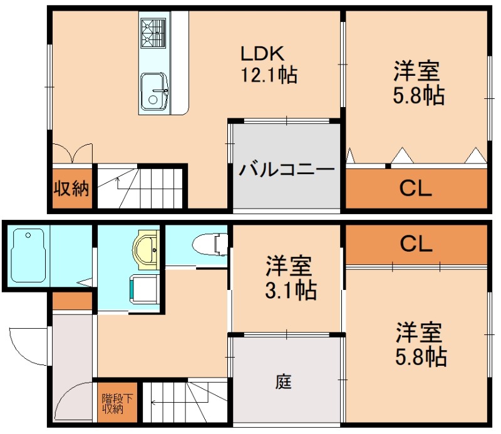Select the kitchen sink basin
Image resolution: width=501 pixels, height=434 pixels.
pyautogui.click(x=153, y=92)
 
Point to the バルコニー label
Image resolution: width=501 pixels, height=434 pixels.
pyautogui.click(x=287, y=170)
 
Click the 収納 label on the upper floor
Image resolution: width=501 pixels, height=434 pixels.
pyautogui.click(x=71, y=188)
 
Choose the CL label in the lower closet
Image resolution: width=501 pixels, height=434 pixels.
pyautogui.click(x=416, y=244)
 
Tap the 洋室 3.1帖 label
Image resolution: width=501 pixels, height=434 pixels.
pyautogui.click(x=288, y=277)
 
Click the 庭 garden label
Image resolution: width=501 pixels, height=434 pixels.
pyautogui.click(x=284, y=381)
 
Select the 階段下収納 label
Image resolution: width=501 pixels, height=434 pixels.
pyautogui.click(x=117, y=403)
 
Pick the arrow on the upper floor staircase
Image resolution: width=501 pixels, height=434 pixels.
pyautogui.click(x=119, y=182)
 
